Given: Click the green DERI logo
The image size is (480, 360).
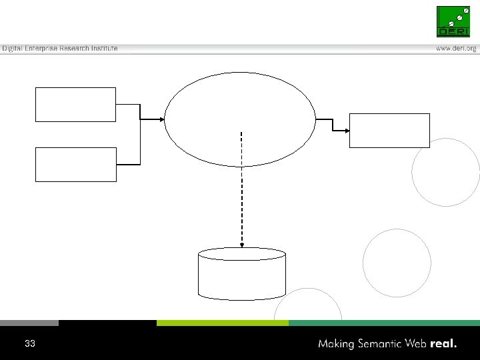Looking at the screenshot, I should [x=453, y=21].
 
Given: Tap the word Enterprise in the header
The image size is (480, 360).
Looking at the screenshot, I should [x=43, y=49].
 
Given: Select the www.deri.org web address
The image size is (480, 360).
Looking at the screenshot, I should [x=457, y=49].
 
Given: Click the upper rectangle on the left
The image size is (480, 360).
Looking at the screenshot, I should [x=75, y=105].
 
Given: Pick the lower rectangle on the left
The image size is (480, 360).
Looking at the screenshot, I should [x=75, y=165].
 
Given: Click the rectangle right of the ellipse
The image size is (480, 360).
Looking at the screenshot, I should [x=390, y=130].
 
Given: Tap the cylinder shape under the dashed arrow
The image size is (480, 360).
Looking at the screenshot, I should [x=242, y=275].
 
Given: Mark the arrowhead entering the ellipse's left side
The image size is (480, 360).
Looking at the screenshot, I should [x=161, y=120].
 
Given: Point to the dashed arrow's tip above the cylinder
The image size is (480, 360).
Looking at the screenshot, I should [x=242, y=245].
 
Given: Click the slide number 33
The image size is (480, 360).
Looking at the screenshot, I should [x=29, y=344].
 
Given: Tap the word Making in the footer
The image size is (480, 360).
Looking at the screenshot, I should [x=338, y=345].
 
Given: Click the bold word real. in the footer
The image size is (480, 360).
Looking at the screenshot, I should [x=444, y=344].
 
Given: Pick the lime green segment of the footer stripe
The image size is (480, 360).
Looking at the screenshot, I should [x=222, y=323].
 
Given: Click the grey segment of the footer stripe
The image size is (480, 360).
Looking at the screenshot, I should [x=29, y=323].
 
